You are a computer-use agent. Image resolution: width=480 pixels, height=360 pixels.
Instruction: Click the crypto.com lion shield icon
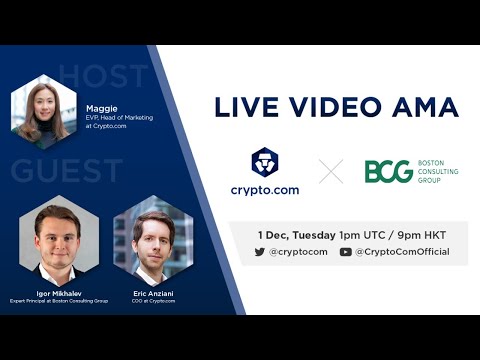[x=264, y=164]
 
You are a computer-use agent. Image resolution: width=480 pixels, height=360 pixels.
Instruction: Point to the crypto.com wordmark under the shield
[x=264, y=190]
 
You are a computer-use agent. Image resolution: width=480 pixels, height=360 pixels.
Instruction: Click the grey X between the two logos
[x=331, y=172]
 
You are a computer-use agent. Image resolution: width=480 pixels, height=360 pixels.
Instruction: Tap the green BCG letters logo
[x=388, y=172]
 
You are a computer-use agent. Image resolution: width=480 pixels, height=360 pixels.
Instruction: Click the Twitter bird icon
[x=260, y=252]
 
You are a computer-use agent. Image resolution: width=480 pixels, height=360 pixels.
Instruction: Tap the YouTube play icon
[x=345, y=252]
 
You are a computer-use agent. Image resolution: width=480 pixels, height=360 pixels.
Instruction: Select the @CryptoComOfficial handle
[x=402, y=252]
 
